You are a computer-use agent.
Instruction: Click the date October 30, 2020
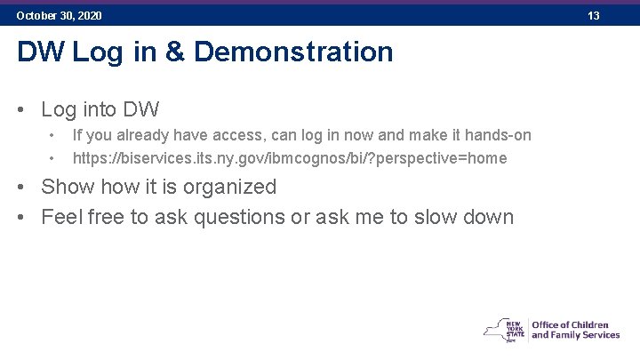tap(59, 16)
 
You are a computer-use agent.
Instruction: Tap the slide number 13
tap(594, 16)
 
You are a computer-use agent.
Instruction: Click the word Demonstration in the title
tap(293, 52)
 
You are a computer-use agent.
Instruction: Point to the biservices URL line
tap(289, 158)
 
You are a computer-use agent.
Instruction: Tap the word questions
tap(241, 217)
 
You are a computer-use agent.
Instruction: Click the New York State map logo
tap(503, 329)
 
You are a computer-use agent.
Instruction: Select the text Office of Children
tap(570, 324)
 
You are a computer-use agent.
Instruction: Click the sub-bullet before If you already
tap(53, 135)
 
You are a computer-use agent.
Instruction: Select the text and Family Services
tap(575, 335)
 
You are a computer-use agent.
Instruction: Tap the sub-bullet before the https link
tap(53, 158)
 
